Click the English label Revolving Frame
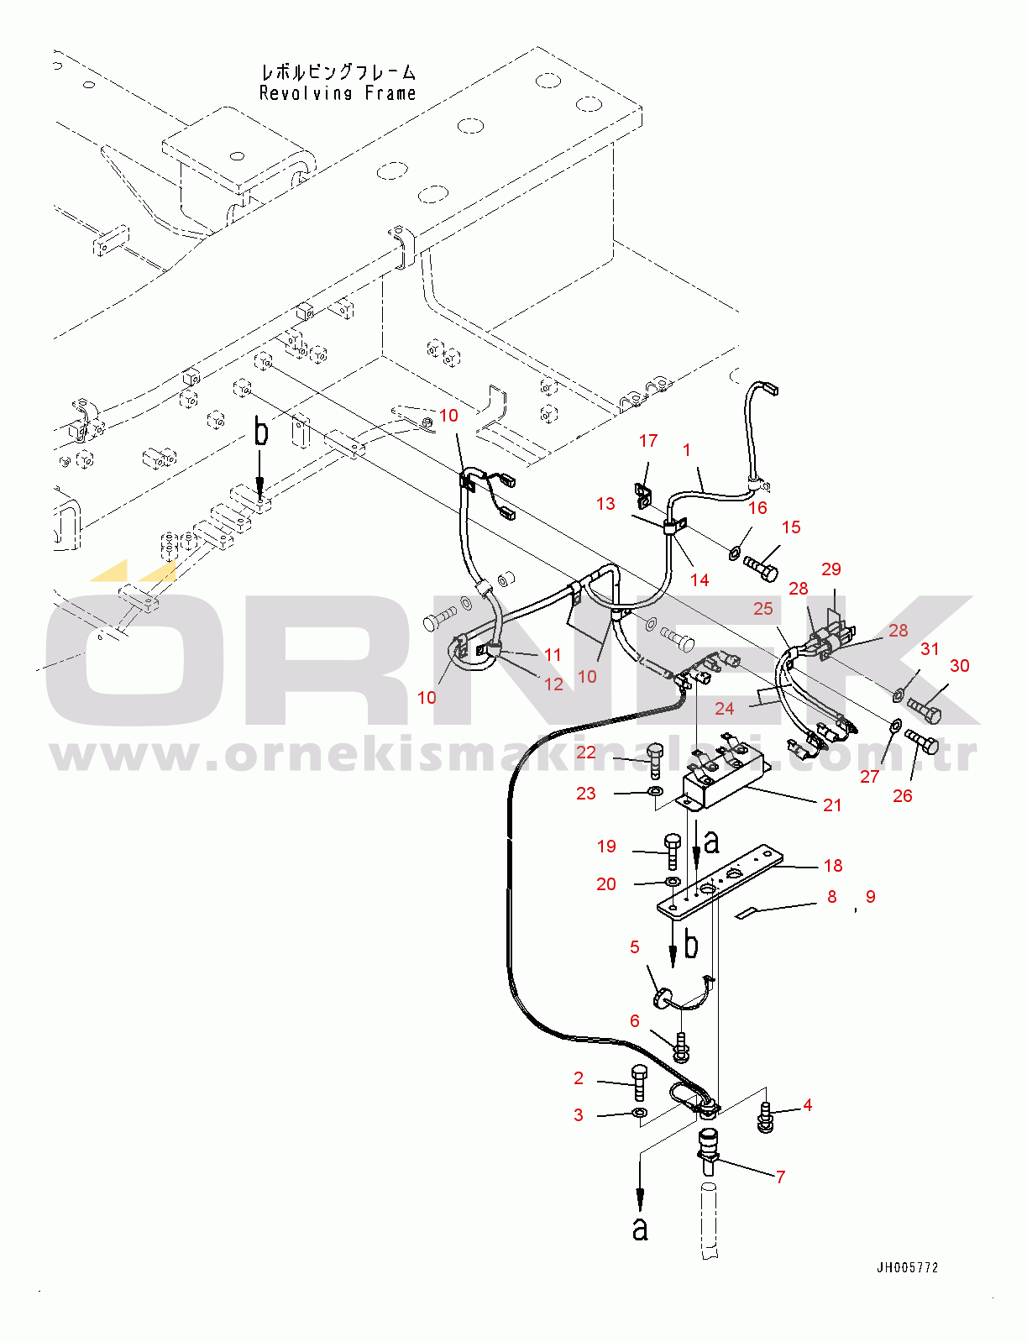click(x=338, y=93)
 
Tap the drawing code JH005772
click(x=907, y=1267)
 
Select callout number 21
click(x=832, y=805)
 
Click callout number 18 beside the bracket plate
click(x=832, y=865)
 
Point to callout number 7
click(x=780, y=1177)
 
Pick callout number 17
click(x=647, y=440)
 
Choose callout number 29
click(x=831, y=569)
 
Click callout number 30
click(x=959, y=665)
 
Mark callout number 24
click(x=724, y=708)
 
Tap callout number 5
click(x=635, y=946)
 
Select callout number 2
click(x=579, y=1077)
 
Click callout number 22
click(x=586, y=752)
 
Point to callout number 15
click(x=791, y=527)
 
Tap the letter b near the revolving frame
click(x=261, y=432)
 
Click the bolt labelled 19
click(x=672, y=851)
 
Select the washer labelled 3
click(x=639, y=1114)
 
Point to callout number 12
click(x=553, y=684)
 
